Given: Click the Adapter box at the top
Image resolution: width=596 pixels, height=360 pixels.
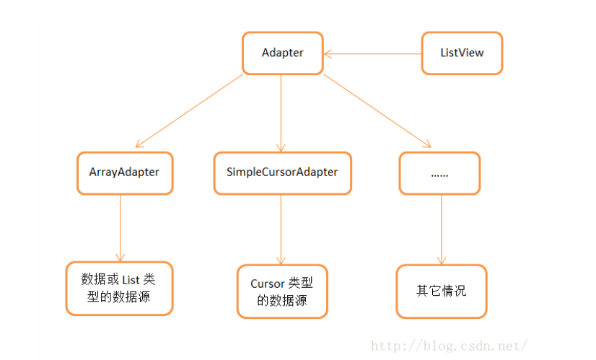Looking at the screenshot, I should pyautogui.click(x=282, y=53).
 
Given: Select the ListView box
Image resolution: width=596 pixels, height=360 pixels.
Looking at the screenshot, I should pyautogui.click(x=462, y=53).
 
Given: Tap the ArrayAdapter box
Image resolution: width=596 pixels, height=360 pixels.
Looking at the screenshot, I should pyautogui.click(x=124, y=173).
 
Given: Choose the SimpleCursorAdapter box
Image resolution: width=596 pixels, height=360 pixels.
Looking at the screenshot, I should pyautogui.click(x=282, y=173).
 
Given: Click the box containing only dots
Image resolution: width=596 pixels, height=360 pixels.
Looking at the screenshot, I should pyautogui.click(x=440, y=173).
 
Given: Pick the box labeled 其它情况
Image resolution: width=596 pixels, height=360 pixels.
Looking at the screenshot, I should pyautogui.click(x=441, y=291).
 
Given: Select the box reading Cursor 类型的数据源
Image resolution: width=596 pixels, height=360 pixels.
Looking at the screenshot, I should pyautogui.click(x=282, y=291).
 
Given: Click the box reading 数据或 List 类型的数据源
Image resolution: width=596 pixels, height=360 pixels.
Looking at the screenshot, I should pyautogui.click(x=119, y=288).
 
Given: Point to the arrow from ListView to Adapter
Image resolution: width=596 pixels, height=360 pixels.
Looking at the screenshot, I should pyautogui.click(x=372, y=53).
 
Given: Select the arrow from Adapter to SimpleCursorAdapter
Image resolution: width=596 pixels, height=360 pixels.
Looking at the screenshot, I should pyautogui.click(x=282, y=112).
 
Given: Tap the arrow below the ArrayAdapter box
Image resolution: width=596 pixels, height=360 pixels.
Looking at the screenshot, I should pyautogui.click(x=120, y=228).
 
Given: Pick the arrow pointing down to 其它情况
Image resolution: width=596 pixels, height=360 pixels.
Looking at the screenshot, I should pyautogui.click(x=442, y=229).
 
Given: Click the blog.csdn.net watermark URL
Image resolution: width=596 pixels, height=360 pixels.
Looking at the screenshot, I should pyautogui.click(x=448, y=345).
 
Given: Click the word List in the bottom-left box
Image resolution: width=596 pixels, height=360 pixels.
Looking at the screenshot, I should pyautogui.click(x=131, y=279).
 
